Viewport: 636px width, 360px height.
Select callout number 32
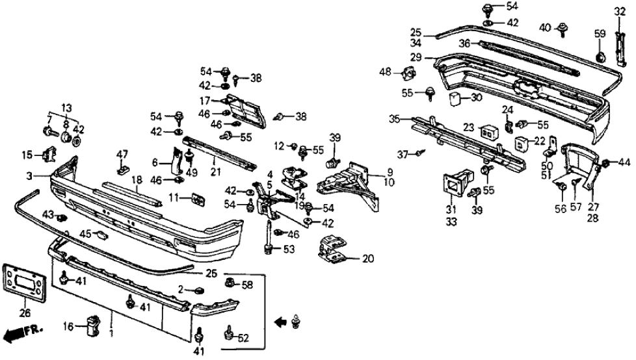point(618,11)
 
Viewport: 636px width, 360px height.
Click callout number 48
point(385,72)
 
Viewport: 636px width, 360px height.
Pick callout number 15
point(27,155)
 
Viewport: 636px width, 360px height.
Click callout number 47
point(122,154)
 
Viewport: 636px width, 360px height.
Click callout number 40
point(545,27)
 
